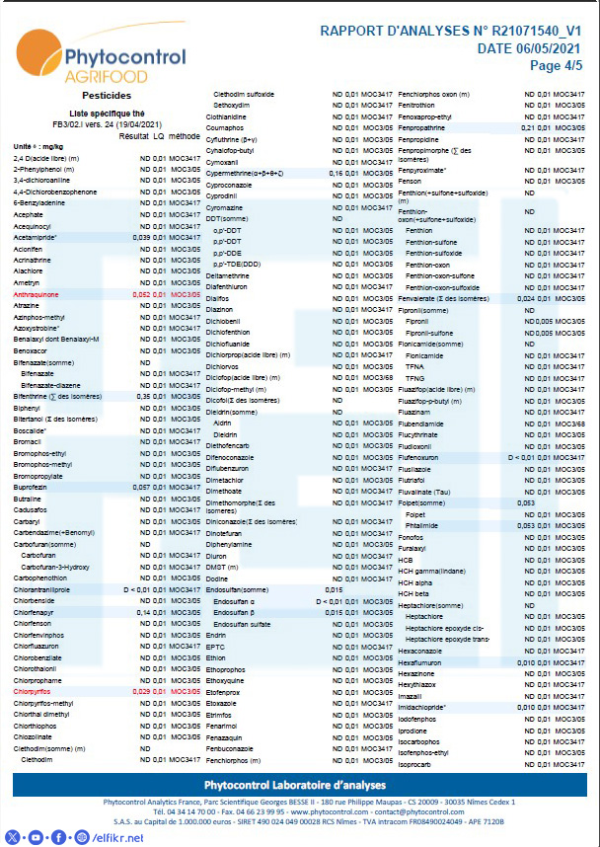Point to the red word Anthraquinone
(x=37, y=294)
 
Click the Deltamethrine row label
(x=232, y=275)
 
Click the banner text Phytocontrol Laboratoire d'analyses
(x=300, y=784)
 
